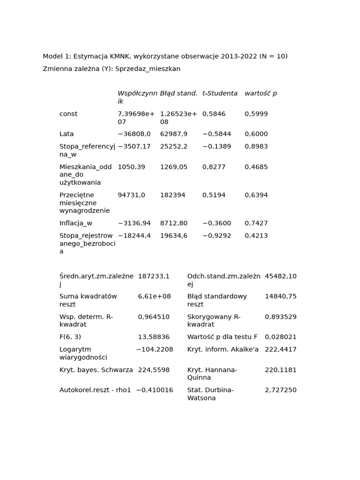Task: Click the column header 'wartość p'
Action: click(x=261, y=93)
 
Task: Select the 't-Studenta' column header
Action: click(x=220, y=93)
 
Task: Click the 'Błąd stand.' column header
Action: click(x=179, y=93)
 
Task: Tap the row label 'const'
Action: click(x=68, y=114)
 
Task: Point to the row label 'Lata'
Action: click(x=67, y=134)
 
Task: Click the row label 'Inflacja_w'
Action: click(x=76, y=223)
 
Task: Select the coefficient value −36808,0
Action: click(x=134, y=134)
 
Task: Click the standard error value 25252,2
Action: click(x=173, y=147)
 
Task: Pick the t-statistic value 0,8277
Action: click(x=214, y=167)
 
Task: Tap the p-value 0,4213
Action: click(x=256, y=236)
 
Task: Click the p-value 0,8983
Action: click(x=256, y=147)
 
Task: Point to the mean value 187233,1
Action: click(x=154, y=277)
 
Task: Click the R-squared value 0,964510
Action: click(x=154, y=317)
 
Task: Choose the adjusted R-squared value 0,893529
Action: click(x=280, y=317)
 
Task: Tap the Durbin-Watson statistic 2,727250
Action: click(x=280, y=390)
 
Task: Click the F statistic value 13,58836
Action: click(x=154, y=337)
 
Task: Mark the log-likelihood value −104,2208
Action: click(x=154, y=350)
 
